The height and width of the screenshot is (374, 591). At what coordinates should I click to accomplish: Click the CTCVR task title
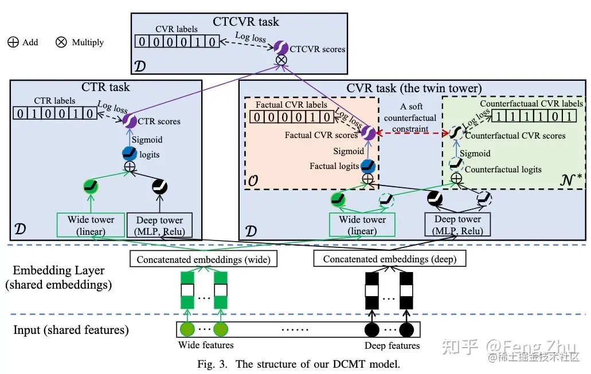pyautogui.click(x=246, y=22)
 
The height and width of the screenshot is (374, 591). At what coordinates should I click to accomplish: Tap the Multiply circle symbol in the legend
pyautogui.click(x=61, y=42)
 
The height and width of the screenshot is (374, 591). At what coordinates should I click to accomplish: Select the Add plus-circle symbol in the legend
pyautogui.click(x=13, y=42)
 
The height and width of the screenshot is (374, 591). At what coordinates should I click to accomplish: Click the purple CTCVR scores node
pyautogui.click(x=281, y=48)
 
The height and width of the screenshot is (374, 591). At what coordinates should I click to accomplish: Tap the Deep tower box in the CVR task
pyautogui.click(x=457, y=225)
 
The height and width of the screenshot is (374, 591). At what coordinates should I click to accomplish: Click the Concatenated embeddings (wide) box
pyautogui.click(x=203, y=259)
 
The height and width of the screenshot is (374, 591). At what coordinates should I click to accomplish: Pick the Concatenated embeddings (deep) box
pyautogui.click(x=390, y=259)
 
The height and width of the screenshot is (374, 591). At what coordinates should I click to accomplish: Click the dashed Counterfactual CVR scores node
pyautogui.click(x=456, y=134)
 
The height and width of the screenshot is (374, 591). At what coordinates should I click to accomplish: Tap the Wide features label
pyautogui.click(x=206, y=345)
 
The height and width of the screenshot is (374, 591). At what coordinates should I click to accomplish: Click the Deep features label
pyautogui.click(x=392, y=346)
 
